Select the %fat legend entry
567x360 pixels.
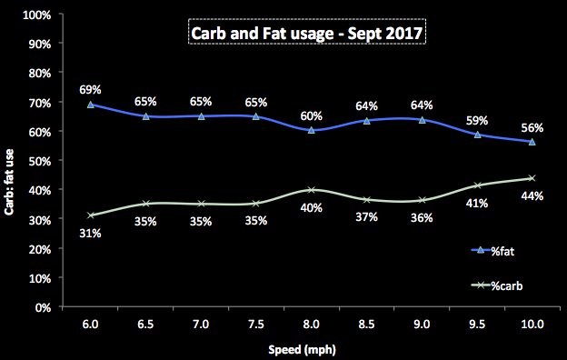[494, 250]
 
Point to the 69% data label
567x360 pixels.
[90, 90]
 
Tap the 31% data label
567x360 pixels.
[90, 233]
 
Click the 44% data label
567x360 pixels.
[532, 196]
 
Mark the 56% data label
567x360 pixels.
[532, 127]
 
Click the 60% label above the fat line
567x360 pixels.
[311, 115]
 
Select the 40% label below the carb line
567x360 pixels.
[311, 207]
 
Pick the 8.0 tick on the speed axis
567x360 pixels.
[311, 324]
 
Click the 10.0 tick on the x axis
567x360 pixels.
[532, 324]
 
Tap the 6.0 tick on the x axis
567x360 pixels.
[90, 324]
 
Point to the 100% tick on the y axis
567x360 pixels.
[37, 15]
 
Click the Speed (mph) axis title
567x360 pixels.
[309, 346]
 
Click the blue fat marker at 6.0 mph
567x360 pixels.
[90, 105]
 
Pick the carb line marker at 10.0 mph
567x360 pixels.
[532, 178]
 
